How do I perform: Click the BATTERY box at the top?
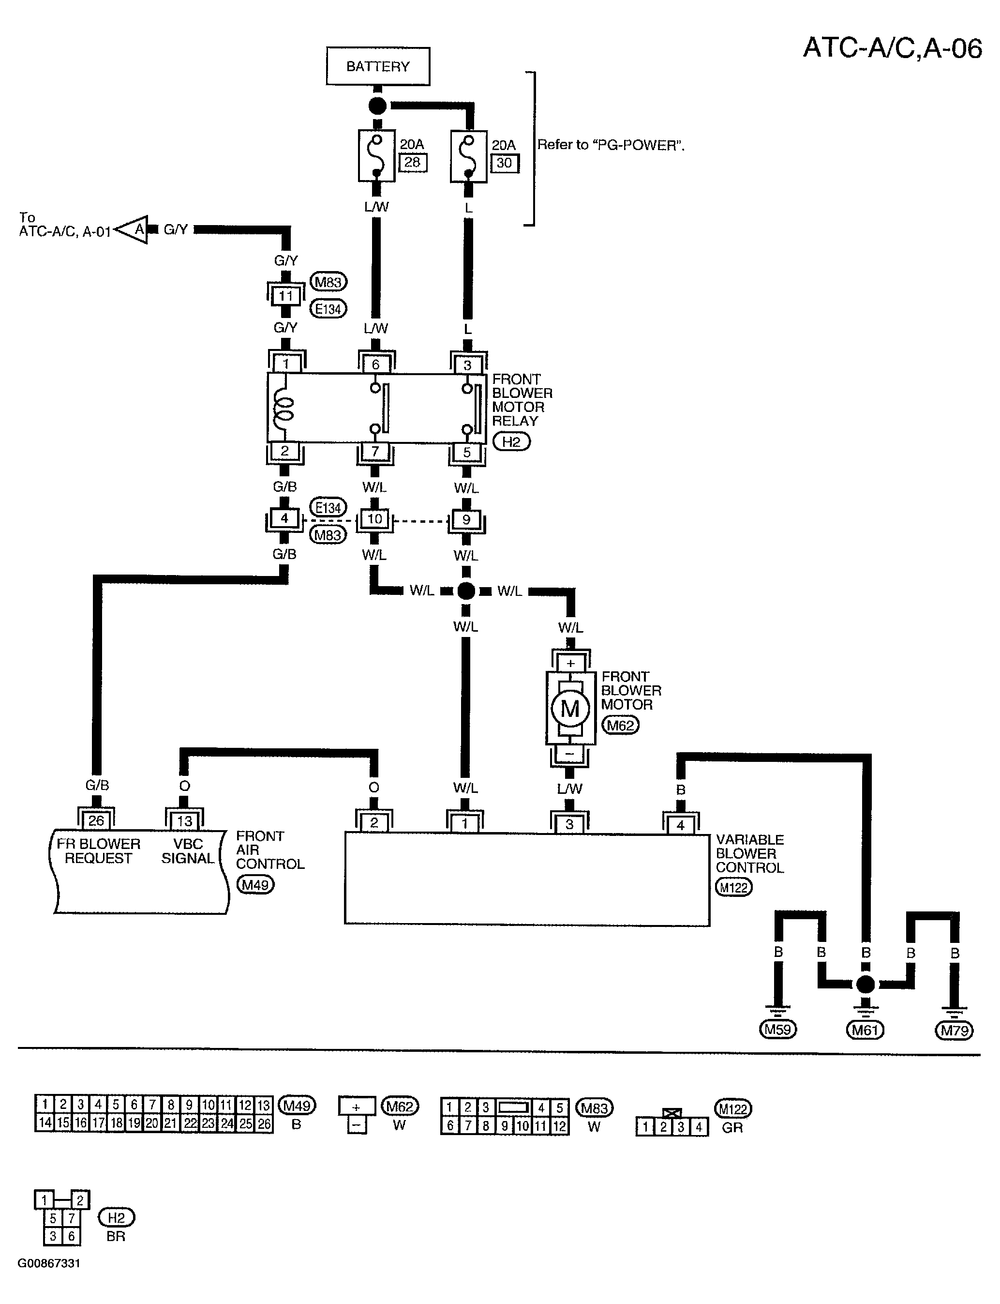click(378, 66)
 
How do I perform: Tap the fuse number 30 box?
click(504, 163)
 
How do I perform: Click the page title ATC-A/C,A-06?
click(892, 47)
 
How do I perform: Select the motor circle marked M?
click(570, 709)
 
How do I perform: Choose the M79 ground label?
click(954, 1030)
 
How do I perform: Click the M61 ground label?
click(865, 1030)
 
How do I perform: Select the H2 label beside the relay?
click(511, 442)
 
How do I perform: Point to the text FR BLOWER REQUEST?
click(98, 851)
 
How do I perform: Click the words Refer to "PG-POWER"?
click(611, 145)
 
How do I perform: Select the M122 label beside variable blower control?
click(733, 887)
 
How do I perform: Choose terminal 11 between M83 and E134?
click(286, 296)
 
